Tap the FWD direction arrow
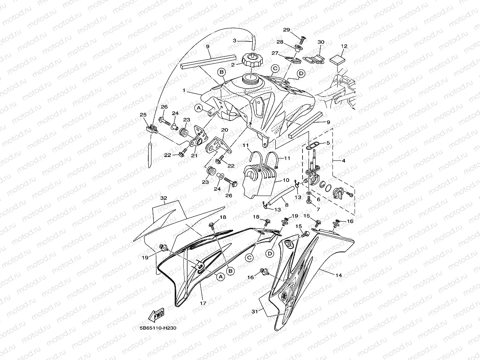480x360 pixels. pyautogui.click(x=156, y=315)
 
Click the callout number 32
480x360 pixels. pyautogui.click(x=164, y=198)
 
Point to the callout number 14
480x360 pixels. pyautogui.click(x=338, y=275)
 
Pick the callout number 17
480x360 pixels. pyautogui.click(x=203, y=304)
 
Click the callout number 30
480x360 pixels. pyautogui.click(x=321, y=42)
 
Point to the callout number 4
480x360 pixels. pyautogui.click(x=343, y=161)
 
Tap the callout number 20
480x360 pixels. pyautogui.click(x=225, y=130)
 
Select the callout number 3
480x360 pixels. pyautogui.click(x=234, y=41)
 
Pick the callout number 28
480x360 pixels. pyautogui.click(x=280, y=42)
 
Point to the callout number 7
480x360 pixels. pyautogui.click(x=318, y=209)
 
